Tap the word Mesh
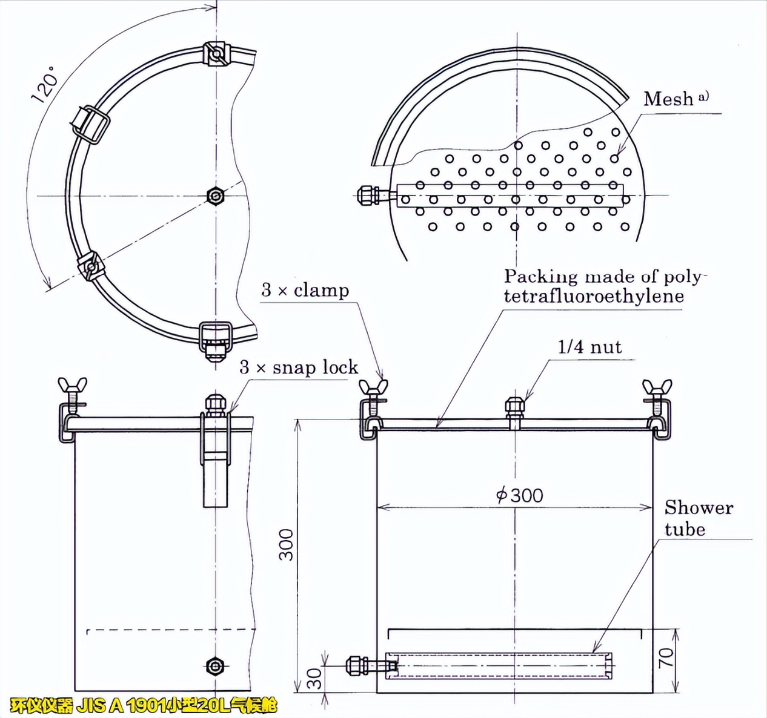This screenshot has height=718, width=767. click(668, 99)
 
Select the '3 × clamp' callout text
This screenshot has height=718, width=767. click(305, 291)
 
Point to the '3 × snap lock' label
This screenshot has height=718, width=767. click(298, 367)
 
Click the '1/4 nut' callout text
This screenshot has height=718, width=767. click(589, 347)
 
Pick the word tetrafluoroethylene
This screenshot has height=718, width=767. click(594, 296)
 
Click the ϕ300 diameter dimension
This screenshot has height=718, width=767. click(519, 495)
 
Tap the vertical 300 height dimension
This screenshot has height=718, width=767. click(286, 545)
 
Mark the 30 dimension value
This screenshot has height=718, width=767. click(314, 678)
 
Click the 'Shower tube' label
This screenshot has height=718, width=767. click(698, 518)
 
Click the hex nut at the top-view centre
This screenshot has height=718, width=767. click(215, 196)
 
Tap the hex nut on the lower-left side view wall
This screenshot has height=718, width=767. click(215, 666)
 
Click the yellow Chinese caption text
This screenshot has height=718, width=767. click(144, 706)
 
